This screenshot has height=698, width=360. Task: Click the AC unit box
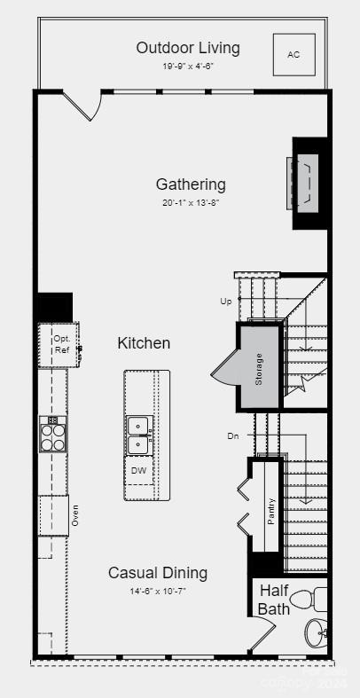point(293,55)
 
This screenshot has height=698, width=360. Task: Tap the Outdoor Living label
point(188,48)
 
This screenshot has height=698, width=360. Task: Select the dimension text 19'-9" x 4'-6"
point(188,67)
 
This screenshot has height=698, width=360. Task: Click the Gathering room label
point(191,184)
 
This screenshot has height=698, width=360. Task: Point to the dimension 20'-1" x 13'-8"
point(191,203)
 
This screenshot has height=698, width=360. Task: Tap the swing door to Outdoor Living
point(82,106)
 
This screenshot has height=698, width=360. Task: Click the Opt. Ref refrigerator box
point(60,343)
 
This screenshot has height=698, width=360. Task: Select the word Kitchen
point(144,343)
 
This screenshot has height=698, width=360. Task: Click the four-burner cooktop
point(53,435)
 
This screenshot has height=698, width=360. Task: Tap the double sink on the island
point(139,435)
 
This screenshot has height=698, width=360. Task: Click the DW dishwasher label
point(139,471)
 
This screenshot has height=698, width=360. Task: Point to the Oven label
point(75,516)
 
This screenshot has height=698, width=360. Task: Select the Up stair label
point(226,302)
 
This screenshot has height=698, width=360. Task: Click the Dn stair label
point(232,435)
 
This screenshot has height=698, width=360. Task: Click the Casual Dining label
point(158,573)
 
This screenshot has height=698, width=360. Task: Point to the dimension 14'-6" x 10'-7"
point(158,591)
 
